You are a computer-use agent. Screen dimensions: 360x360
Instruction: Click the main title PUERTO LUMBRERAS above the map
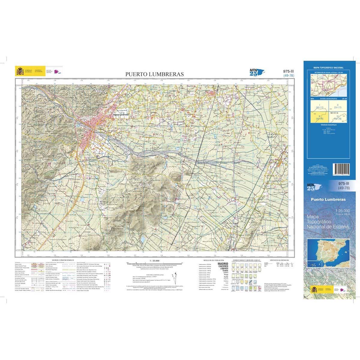coord(155,74)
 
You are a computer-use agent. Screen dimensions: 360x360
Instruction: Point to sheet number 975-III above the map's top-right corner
coord(288,71)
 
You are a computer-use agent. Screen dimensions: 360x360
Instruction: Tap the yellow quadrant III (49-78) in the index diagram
coord(319,117)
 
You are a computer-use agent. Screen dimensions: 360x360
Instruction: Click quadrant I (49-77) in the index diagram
coord(319,106)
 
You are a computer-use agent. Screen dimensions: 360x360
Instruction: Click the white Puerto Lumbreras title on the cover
coord(328,199)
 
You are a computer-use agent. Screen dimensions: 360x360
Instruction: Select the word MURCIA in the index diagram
coord(334,113)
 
